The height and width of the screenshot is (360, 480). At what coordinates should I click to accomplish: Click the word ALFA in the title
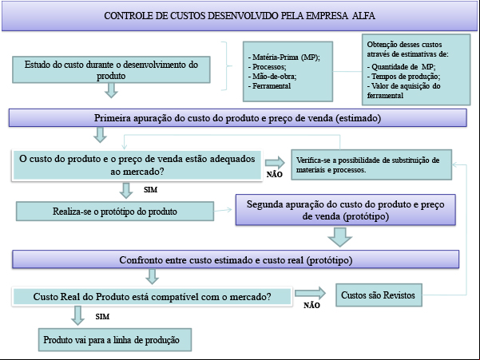point(363,16)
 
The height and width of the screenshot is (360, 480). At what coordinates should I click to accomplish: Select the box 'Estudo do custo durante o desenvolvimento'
point(111,69)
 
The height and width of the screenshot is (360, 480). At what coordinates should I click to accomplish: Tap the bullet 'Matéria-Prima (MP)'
point(284,57)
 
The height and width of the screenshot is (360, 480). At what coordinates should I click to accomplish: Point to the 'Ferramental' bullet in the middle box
point(269,86)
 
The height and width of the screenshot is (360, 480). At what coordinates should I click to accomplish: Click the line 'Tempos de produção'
point(404,77)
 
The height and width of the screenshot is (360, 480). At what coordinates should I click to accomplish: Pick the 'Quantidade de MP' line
point(401,67)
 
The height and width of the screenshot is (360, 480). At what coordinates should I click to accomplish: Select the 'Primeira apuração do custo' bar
point(237,118)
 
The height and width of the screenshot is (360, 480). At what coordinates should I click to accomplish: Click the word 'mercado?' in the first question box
point(137,172)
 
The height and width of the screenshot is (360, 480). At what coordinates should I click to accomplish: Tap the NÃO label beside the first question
point(274,175)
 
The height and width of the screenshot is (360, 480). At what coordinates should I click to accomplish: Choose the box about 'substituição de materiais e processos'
point(371,164)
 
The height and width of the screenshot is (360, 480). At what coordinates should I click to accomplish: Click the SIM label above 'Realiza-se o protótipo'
point(151,190)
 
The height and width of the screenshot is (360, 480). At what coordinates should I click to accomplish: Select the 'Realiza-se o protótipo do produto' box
point(115,212)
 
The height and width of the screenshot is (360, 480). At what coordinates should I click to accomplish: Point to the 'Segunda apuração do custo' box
point(346,210)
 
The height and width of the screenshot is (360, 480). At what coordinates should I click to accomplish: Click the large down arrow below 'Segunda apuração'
point(339,237)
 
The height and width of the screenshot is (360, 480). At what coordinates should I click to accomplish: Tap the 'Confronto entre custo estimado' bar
point(236,259)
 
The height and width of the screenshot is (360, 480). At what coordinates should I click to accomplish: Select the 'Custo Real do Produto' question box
point(152,296)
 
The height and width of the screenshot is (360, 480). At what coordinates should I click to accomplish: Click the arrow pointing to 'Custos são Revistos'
point(310,293)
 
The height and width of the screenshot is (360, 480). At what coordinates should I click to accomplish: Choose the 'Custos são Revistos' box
point(379,295)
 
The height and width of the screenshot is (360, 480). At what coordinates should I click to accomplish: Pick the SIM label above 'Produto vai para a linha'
point(102,317)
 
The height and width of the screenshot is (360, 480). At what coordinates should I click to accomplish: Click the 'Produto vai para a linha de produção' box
point(115,340)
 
